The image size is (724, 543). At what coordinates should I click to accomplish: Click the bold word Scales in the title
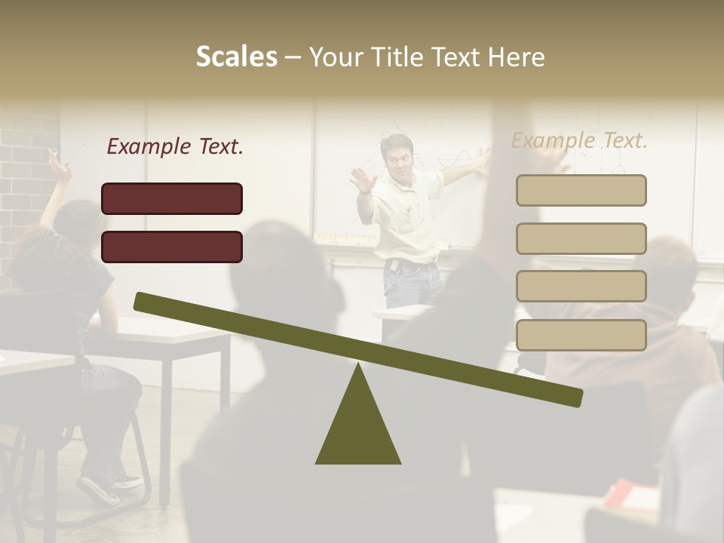[236, 57]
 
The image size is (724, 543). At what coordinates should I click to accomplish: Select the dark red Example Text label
[175, 147]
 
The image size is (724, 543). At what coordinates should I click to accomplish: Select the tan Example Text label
[579, 140]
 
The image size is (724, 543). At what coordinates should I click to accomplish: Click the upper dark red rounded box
[172, 198]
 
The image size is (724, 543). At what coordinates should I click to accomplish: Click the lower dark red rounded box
[172, 247]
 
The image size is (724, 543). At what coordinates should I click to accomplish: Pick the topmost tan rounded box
[581, 190]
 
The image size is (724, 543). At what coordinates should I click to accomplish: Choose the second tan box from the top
[581, 238]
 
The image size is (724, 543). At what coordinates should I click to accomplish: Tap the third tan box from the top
[581, 286]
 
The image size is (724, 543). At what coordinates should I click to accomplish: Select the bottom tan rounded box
[581, 335]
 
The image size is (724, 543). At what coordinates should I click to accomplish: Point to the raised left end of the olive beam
[143, 302]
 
